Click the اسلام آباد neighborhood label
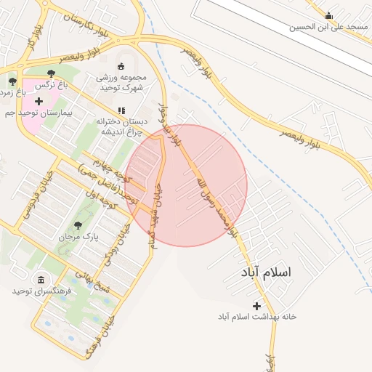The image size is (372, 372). pos(267,272)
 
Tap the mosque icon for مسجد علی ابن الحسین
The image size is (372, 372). pos(329,15)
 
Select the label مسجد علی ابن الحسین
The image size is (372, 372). pos(329,27)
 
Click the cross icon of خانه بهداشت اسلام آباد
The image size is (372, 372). pos(256,306)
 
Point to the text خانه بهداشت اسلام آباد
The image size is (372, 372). pos(256,318)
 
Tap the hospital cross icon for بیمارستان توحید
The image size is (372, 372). pos(39,101)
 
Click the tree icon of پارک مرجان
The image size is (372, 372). pos(78,225)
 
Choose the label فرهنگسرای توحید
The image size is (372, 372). pos(41,291)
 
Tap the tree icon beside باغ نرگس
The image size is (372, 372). pos(51,73)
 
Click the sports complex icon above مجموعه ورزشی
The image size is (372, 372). pos(121,66)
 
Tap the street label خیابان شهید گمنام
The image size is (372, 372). pos(155,215)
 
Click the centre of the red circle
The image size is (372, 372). pos(186,186)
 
